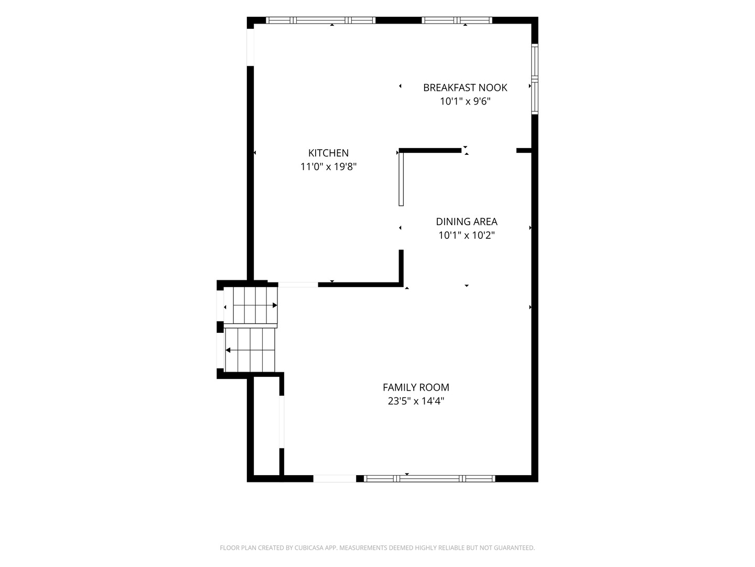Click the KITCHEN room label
[x=328, y=153]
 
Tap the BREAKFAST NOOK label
[x=465, y=88]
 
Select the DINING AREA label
[x=467, y=222]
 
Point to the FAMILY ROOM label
[x=416, y=387]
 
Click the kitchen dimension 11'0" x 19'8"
[x=328, y=167]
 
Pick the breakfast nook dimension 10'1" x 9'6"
[x=465, y=101]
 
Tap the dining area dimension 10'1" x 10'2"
[x=467, y=236]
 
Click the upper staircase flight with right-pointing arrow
[x=255, y=306]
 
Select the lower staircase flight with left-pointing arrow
[x=250, y=350]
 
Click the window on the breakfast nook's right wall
[x=534, y=79]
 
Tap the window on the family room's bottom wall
[x=429, y=478]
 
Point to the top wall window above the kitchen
[x=320, y=20]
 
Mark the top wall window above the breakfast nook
[x=457, y=20]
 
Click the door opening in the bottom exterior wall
[x=335, y=478]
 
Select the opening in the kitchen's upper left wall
[x=251, y=47]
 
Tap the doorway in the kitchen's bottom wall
[x=298, y=285]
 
